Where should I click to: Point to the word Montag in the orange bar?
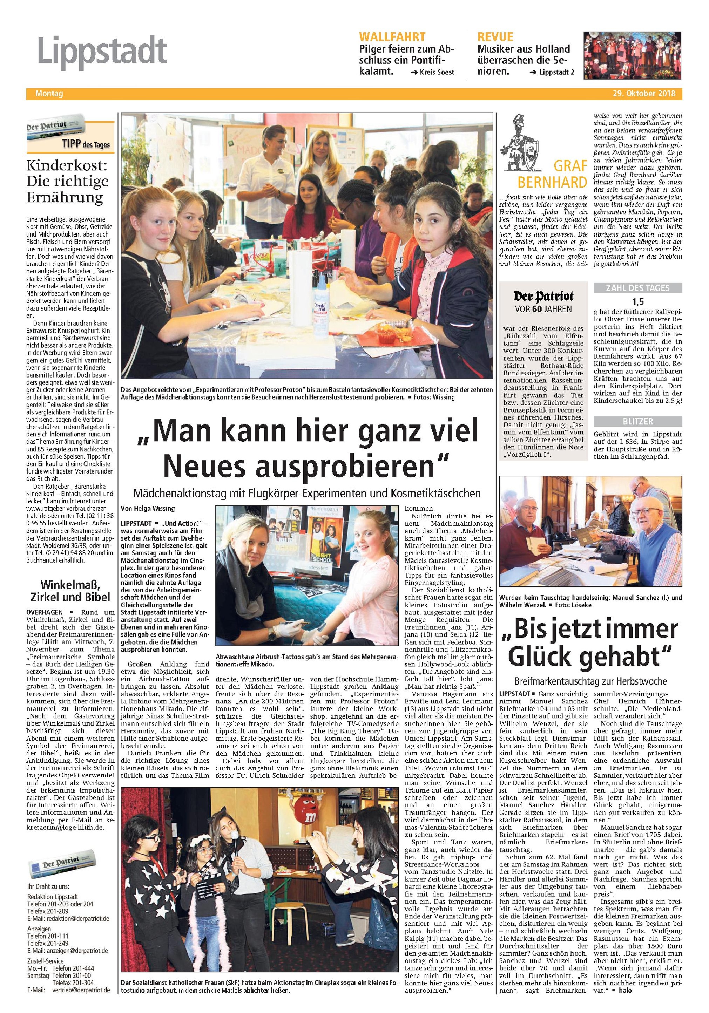(x=49, y=94)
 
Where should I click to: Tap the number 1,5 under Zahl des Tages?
(x=638, y=302)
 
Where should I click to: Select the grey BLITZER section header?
(x=638, y=421)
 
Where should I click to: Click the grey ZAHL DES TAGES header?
(x=638, y=288)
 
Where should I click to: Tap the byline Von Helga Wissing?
(x=148, y=508)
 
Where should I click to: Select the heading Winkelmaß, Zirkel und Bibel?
(x=70, y=591)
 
